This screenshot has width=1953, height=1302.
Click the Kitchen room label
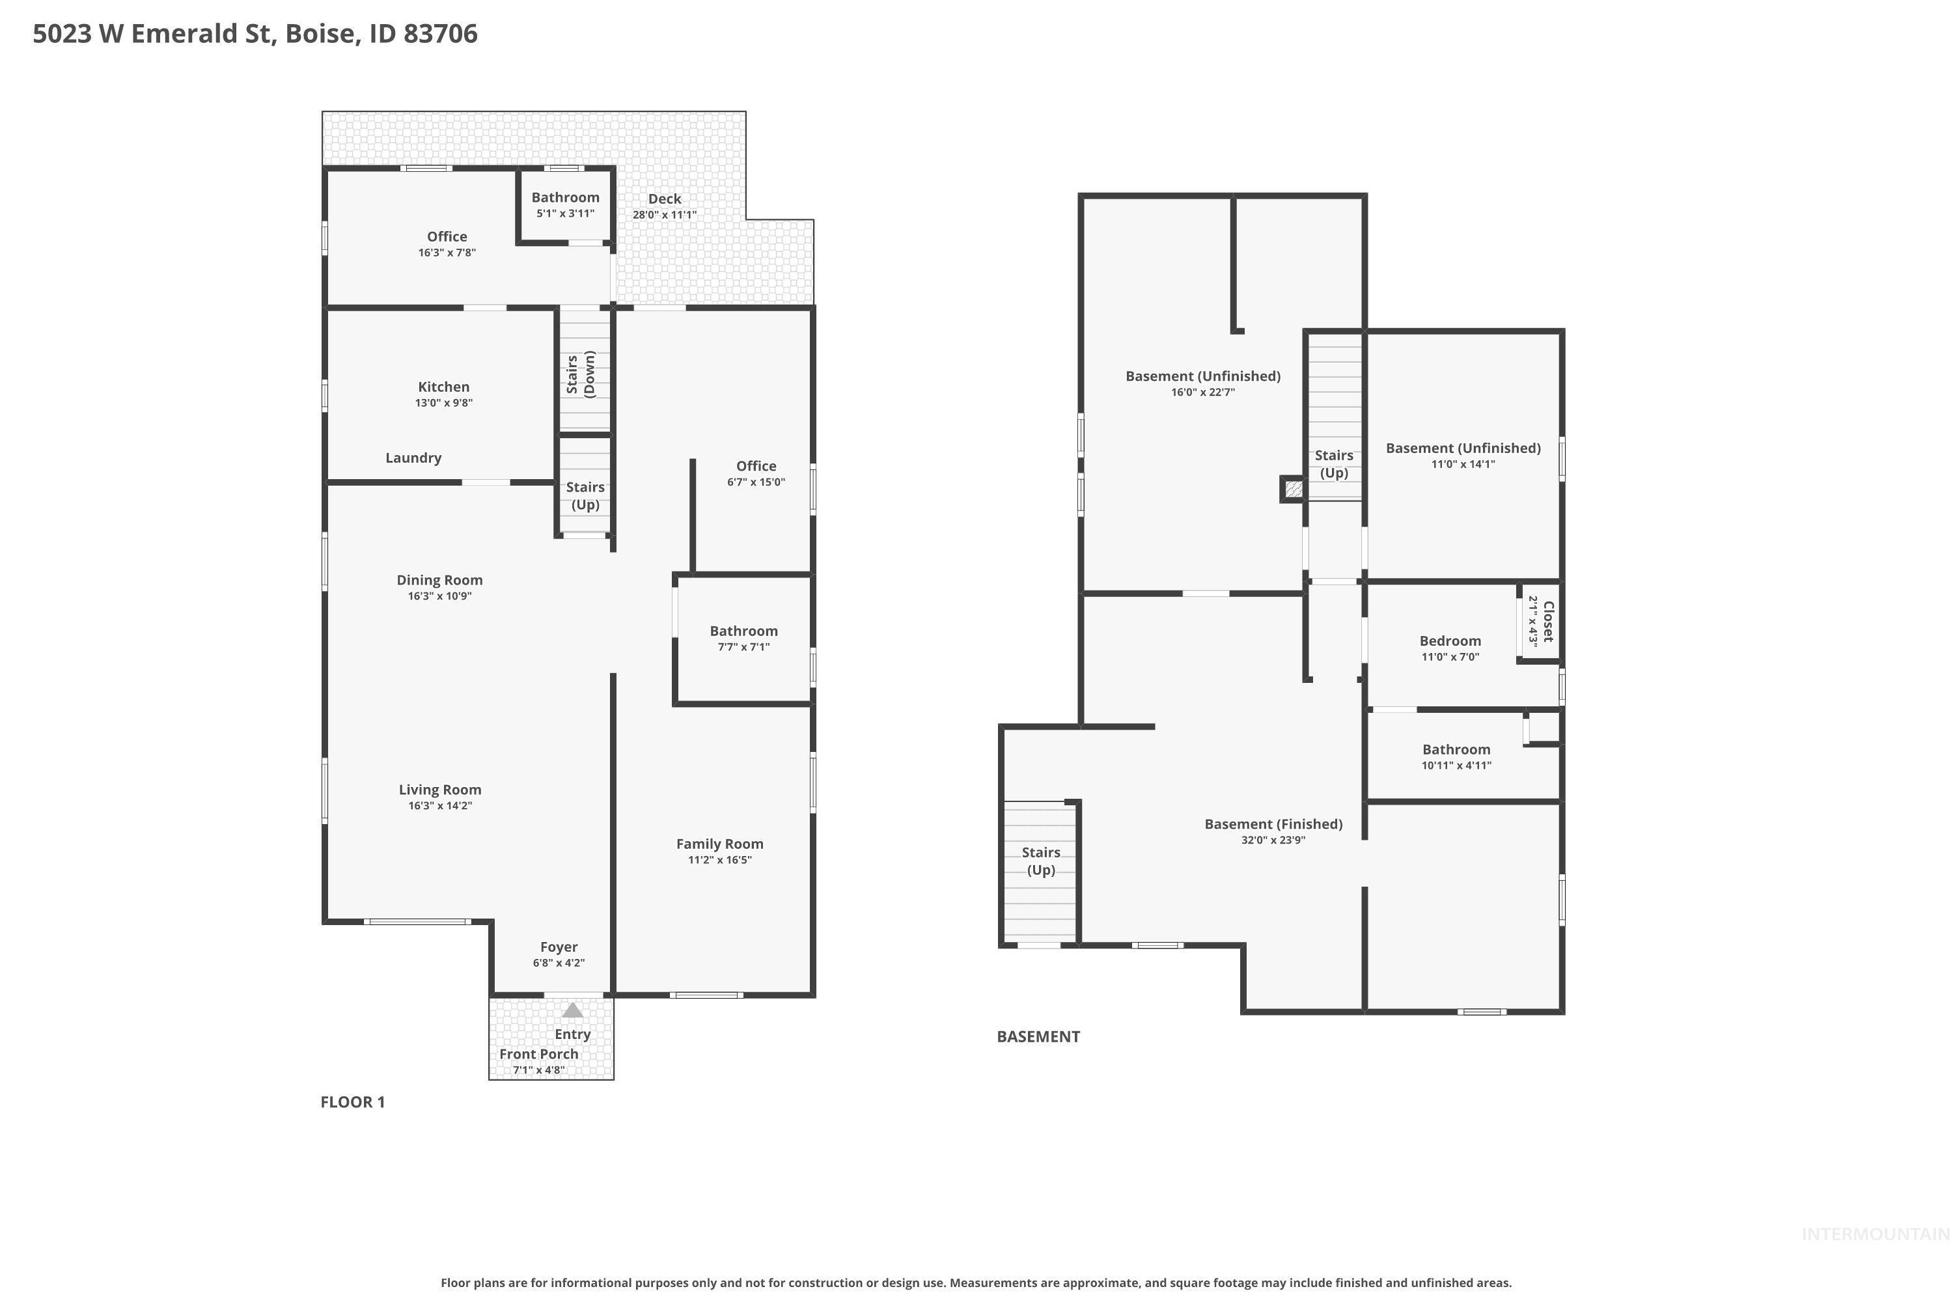[443, 387]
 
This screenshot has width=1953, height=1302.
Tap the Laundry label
[413, 458]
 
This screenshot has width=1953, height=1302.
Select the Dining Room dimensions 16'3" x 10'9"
[440, 596]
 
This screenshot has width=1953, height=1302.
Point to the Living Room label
[440, 790]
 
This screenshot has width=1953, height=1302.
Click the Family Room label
[720, 844]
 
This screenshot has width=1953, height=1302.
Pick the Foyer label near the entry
[559, 947]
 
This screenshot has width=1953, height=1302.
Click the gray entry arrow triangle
[573, 1010]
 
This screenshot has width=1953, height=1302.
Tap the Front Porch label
[539, 1054]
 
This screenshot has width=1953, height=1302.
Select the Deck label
[664, 199]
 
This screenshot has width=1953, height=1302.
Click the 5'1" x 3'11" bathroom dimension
[566, 214]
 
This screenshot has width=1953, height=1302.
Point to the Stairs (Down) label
[581, 374]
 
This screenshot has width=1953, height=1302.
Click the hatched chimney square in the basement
[1293, 489]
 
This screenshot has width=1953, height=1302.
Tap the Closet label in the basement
[1549, 621]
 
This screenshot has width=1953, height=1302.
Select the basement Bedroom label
[1450, 641]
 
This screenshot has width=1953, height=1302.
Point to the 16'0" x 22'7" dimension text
[1203, 392]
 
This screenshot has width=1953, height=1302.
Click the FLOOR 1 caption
[353, 1102]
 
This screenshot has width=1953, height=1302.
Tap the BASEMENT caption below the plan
[1038, 1036]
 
